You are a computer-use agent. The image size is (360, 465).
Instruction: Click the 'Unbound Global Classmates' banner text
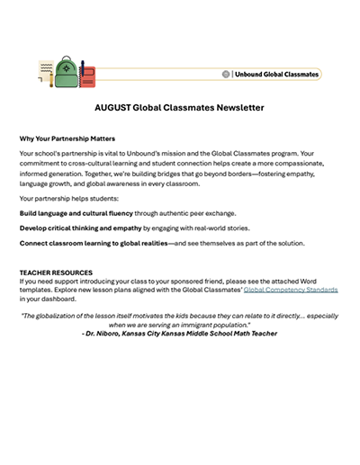(x=276, y=74)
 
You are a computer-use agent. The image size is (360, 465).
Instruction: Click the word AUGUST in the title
(x=117, y=107)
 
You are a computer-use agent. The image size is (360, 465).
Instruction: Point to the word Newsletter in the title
(x=238, y=107)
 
